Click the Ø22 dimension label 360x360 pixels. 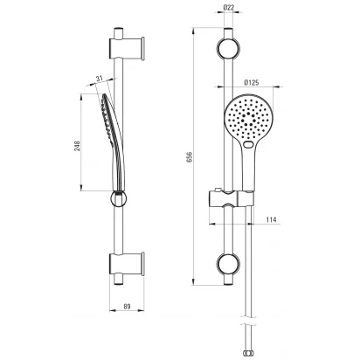click(x=229, y=8)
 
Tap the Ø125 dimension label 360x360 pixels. click(x=252, y=83)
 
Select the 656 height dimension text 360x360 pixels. click(x=190, y=156)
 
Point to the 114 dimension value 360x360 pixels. click(x=271, y=219)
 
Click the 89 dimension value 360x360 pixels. click(x=127, y=307)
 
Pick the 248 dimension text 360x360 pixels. click(x=77, y=146)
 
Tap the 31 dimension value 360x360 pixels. click(x=100, y=79)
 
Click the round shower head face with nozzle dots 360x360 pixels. click(x=248, y=118)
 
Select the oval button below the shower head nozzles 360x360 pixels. click(x=248, y=144)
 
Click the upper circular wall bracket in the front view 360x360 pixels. click(x=228, y=48)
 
